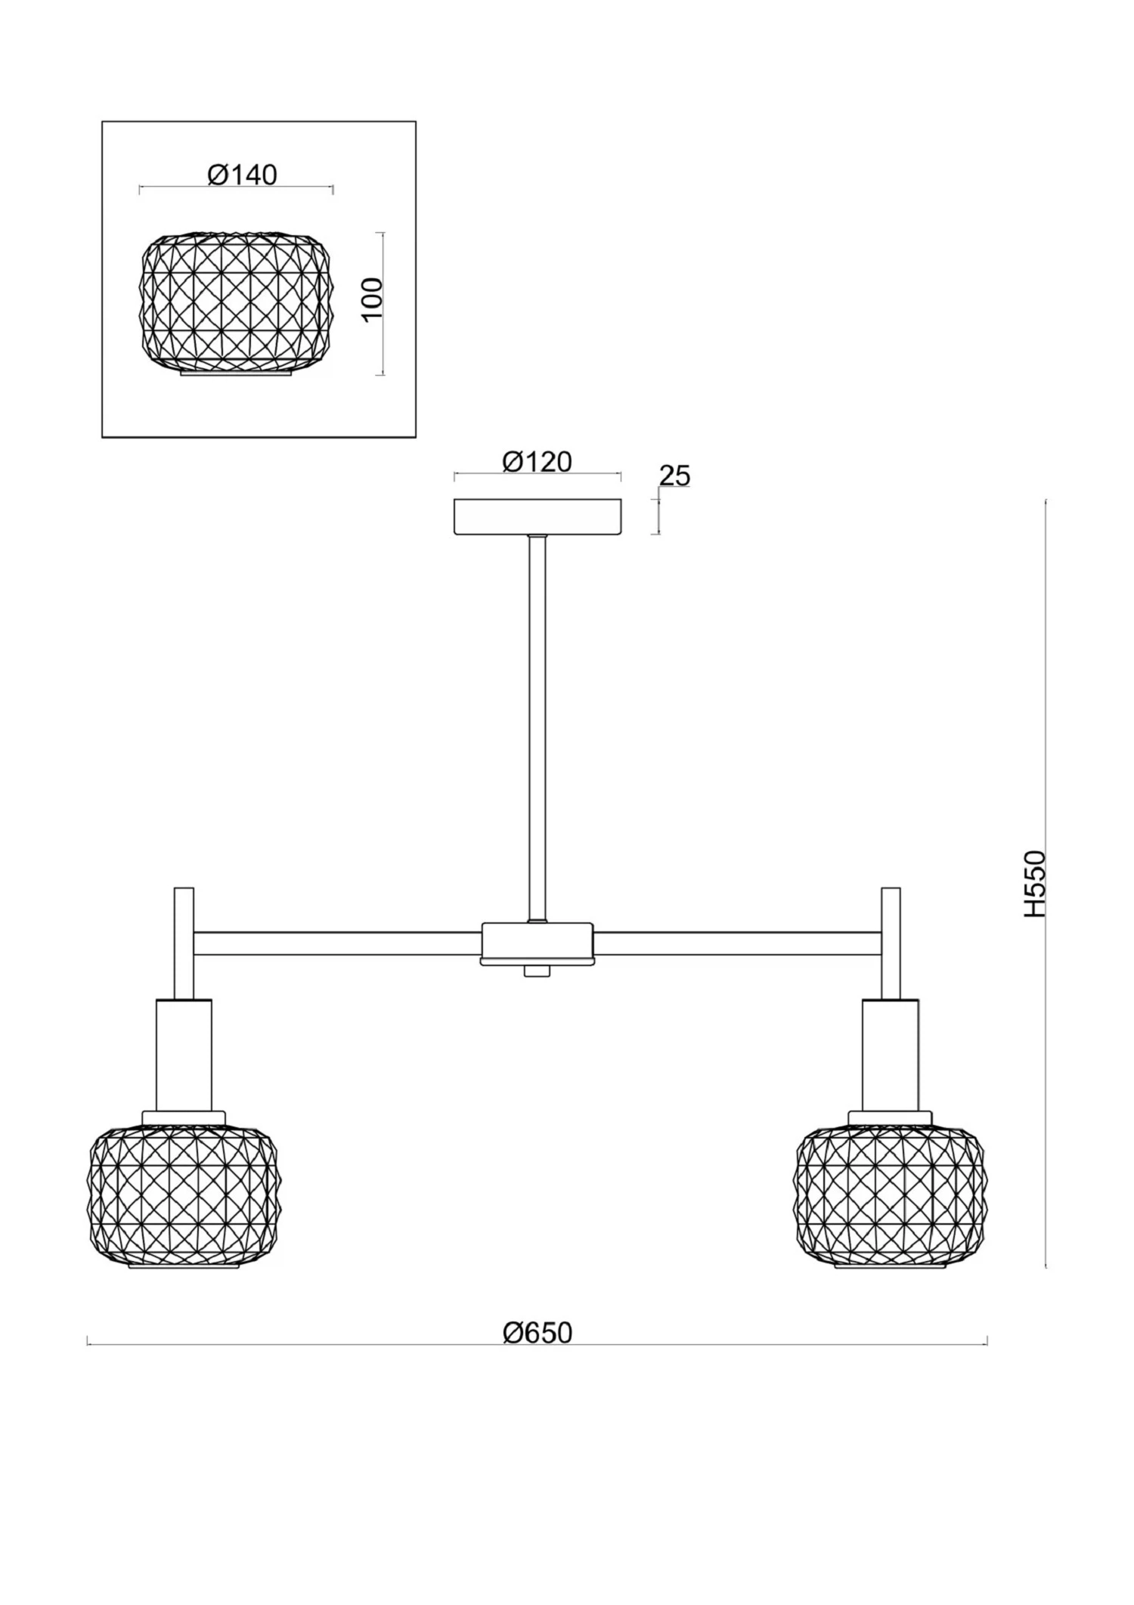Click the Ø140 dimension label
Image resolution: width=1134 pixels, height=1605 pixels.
242,175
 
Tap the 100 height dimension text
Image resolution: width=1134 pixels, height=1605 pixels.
373,299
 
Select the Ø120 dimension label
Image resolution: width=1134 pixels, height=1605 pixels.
538,461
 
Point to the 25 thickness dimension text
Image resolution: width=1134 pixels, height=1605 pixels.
674,476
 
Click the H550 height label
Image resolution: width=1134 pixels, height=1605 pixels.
1034,884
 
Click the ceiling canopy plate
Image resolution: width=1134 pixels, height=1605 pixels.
538,516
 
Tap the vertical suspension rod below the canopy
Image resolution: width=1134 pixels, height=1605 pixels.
538,728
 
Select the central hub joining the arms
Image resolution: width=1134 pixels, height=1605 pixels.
538,943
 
